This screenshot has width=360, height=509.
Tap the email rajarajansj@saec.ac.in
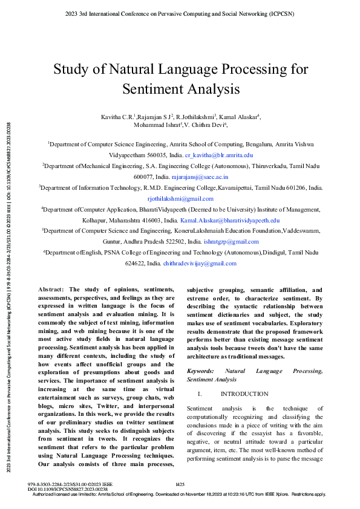(x=200, y=177)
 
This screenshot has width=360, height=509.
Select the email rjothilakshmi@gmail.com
(x=180, y=198)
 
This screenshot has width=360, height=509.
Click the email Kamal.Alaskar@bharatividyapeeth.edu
(x=238, y=221)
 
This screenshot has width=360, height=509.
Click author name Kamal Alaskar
(x=240, y=115)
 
